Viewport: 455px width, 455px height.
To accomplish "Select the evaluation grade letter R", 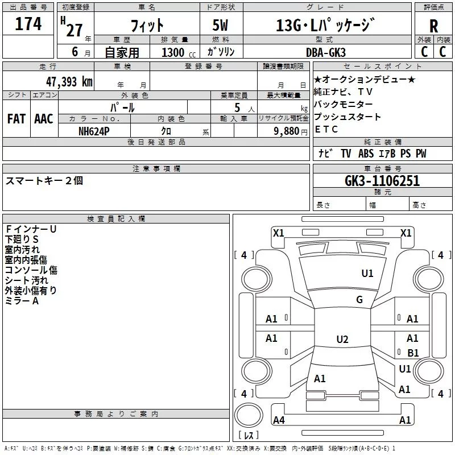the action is pos(433,26).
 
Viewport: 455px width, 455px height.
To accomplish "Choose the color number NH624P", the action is pos(94,130).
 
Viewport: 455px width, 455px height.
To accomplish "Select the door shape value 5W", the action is pos(221,25).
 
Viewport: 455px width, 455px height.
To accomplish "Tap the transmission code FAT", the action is pos(16,119).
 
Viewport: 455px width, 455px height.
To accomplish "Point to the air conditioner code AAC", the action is pos(43,119).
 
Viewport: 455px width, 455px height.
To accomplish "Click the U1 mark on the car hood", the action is pos(367,274).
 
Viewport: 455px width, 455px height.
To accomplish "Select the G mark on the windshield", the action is pos(359,300).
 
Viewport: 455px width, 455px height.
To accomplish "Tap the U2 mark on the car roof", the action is pos(342,340).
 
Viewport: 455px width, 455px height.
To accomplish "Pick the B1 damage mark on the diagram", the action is pos(413,353).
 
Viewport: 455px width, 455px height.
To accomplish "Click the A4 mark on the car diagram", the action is pos(279,420).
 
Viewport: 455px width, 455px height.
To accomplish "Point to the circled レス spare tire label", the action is pos(248,435).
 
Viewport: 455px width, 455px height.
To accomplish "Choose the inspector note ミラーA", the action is pos(22,301).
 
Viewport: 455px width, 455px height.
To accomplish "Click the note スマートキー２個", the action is pos(44,181).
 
